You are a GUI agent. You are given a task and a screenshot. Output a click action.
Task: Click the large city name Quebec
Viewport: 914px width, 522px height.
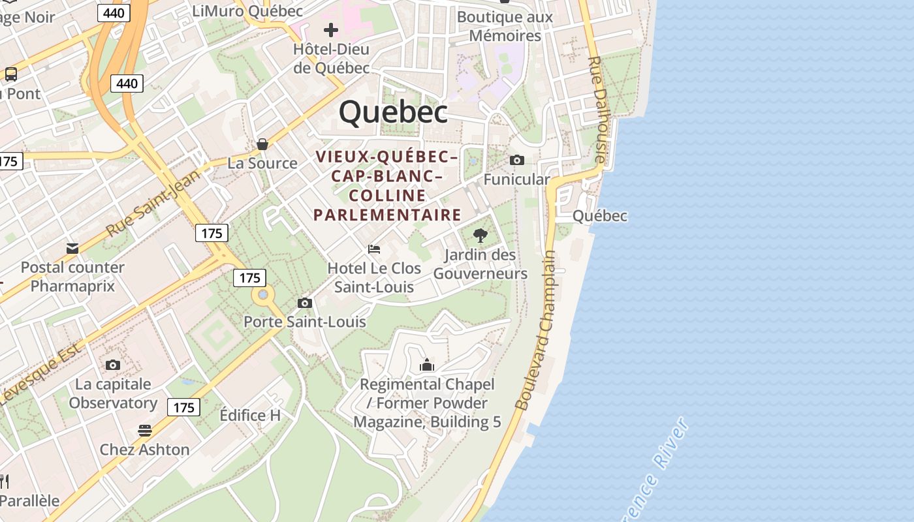tap(393, 112)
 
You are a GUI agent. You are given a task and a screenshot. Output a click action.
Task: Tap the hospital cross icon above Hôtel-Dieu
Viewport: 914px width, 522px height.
tap(331, 30)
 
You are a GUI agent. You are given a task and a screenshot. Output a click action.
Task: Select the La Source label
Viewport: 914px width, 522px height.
tap(262, 163)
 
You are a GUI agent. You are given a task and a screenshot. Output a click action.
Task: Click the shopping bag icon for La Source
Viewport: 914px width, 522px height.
tap(262, 144)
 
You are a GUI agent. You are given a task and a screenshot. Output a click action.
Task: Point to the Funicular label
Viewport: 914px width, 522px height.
tap(516, 179)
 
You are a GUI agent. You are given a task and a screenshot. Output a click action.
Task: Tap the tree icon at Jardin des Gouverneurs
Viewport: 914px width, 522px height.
tap(480, 236)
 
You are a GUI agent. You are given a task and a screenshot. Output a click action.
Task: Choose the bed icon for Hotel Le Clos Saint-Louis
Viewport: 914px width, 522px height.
tap(374, 249)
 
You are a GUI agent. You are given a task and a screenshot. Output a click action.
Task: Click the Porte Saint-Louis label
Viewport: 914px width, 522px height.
tap(304, 322)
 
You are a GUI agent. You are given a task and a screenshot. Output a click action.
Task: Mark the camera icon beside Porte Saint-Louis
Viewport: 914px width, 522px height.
tap(304, 303)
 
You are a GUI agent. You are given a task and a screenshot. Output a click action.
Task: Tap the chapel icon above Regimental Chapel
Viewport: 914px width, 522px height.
tap(427, 365)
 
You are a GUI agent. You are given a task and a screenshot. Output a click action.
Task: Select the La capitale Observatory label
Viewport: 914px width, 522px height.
tap(113, 393)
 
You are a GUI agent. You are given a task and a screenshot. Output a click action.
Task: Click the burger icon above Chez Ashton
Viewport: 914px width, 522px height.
tap(145, 431)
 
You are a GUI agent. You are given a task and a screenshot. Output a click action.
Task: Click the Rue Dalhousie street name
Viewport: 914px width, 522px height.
tap(597, 110)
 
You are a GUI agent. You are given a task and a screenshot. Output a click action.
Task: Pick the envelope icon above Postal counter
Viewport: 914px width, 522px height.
tap(72, 249)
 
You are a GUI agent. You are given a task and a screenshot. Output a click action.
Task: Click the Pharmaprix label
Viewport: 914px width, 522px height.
tap(72, 286)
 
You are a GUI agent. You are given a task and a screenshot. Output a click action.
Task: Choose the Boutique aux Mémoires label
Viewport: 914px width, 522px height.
tap(505, 26)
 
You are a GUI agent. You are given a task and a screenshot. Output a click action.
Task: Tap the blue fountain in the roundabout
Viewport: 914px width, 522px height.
tap(263, 296)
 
